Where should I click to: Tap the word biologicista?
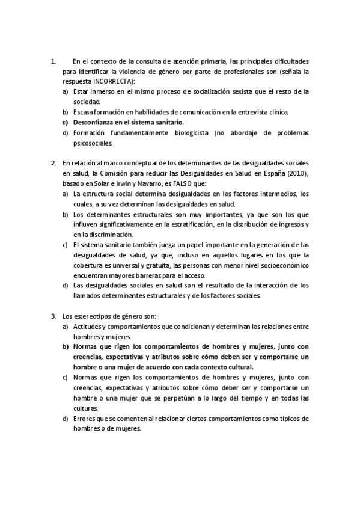pos(183,133)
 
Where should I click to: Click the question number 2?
pos(54,163)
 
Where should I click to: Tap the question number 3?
pos(54,316)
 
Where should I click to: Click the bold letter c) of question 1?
pos(65,122)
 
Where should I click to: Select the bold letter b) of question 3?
pos(65,346)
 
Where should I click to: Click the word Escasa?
pos(84,112)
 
